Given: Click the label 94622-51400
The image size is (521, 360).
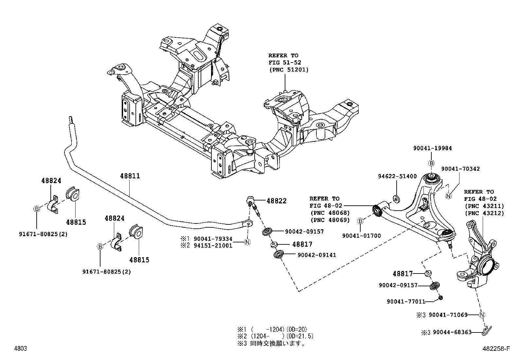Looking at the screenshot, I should pyautogui.click(x=397, y=176).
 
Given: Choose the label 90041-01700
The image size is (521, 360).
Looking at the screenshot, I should pyautogui.click(x=361, y=236).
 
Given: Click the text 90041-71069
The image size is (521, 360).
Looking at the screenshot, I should pyautogui.click(x=448, y=315).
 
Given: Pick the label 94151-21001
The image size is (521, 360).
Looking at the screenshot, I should pyautogui.click(x=213, y=245).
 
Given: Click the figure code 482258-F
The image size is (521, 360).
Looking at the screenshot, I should pyautogui.click(x=496, y=349).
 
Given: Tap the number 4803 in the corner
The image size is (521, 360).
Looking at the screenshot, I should pyautogui.click(x=20, y=349).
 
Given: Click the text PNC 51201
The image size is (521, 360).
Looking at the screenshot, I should pyautogui.click(x=289, y=69).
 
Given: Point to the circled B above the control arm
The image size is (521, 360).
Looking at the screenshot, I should pyautogui.click(x=431, y=163).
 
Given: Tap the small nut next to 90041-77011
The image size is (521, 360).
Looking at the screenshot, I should pyautogui.click(x=440, y=297).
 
